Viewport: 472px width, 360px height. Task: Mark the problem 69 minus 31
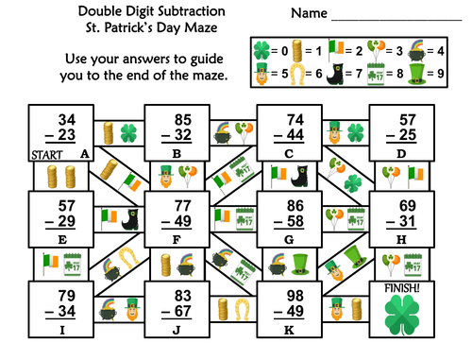point(406,212)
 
